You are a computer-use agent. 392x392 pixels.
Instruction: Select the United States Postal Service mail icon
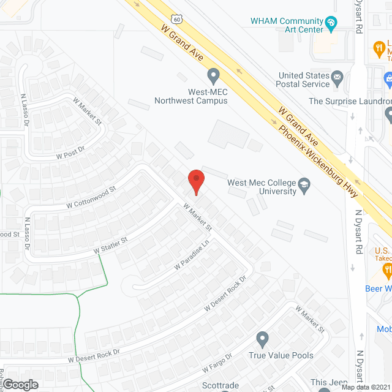click(336, 79)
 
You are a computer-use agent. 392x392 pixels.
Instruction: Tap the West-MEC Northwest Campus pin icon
click(213, 76)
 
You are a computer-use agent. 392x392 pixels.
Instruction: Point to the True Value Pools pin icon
click(263, 339)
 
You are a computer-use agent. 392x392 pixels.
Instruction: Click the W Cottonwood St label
click(90, 196)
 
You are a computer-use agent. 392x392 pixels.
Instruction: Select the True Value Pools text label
click(281, 355)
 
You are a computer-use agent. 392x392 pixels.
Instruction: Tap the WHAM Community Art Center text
click(286, 25)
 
